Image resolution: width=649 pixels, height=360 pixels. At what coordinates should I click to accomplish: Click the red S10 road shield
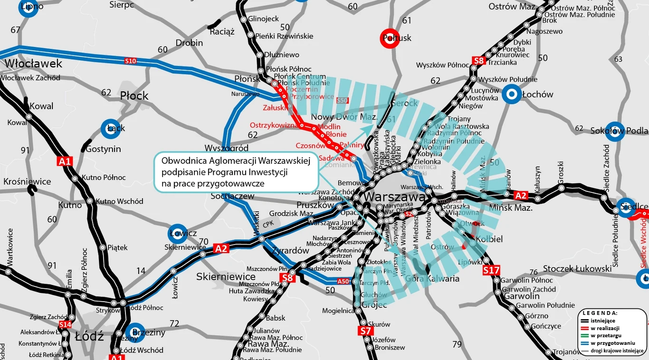pyautogui.click(x=130, y=61)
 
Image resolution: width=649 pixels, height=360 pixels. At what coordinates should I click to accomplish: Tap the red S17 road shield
pyautogui.click(x=491, y=270)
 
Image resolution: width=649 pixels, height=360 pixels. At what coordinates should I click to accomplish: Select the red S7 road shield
pyautogui.click(x=364, y=331)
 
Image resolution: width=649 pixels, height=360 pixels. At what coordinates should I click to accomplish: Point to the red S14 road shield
pyautogui.click(x=65, y=324)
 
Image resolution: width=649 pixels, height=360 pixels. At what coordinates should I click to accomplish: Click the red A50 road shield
pyautogui.click(x=344, y=281)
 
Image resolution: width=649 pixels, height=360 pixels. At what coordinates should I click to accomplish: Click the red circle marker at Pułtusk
pyautogui.click(x=389, y=39)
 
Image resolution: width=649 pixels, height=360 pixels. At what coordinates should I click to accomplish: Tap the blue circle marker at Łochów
pyautogui.click(x=512, y=95)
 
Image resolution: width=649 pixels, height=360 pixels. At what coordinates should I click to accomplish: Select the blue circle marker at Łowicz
pyautogui.click(x=178, y=233)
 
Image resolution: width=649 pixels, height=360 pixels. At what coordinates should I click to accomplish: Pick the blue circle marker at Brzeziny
pyautogui.click(x=134, y=332)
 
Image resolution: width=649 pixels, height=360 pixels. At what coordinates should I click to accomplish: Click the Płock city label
pyautogui.click(x=134, y=96)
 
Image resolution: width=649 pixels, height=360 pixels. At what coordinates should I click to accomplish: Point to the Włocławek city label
pyautogui.click(x=33, y=64)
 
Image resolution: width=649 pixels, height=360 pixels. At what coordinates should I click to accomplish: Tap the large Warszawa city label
pyautogui.click(x=395, y=197)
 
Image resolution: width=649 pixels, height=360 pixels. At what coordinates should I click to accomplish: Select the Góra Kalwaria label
pyautogui.click(x=432, y=279)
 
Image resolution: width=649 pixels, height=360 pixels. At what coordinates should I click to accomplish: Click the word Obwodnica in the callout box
pyautogui.click(x=182, y=161)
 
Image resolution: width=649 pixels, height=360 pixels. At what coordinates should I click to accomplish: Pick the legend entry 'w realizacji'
pyautogui.click(x=605, y=328)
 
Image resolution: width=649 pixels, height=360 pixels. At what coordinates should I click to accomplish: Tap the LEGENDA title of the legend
pyautogui.click(x=600, y=313)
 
